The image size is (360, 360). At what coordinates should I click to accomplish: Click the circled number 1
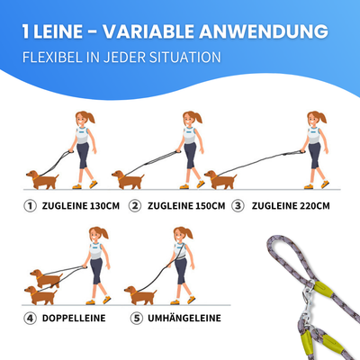[31, 205]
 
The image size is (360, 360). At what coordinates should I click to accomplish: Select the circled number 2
[136, 205]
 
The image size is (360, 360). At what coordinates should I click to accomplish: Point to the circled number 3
[238, 205]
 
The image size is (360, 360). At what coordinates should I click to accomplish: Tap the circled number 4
[31, 317]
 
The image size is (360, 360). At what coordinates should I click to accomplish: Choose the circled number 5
[136, 317]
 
